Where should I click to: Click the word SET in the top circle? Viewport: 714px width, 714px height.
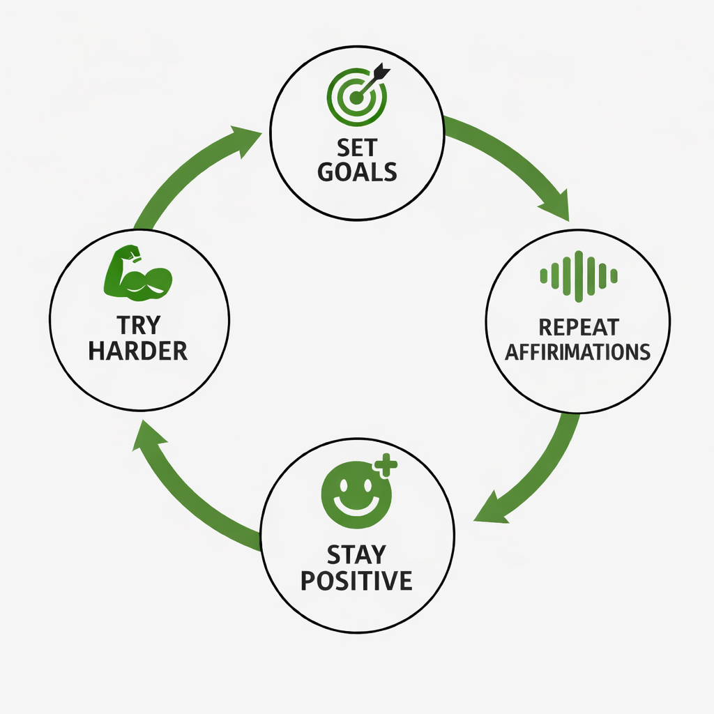(357, 148)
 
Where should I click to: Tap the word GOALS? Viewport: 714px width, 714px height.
(357, 172)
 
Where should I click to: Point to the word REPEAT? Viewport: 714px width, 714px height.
(578, 326)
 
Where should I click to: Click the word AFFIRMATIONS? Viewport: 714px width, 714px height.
(578, 351)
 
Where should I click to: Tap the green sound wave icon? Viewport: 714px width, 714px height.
(579, 276)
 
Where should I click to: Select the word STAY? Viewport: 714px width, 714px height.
(356, 555)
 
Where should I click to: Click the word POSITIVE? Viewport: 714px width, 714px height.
(356, 580)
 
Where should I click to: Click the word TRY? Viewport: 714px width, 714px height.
(137, 326)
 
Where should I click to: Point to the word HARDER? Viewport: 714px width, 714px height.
(137, 351)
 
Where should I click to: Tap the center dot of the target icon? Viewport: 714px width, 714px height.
(356, 98)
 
